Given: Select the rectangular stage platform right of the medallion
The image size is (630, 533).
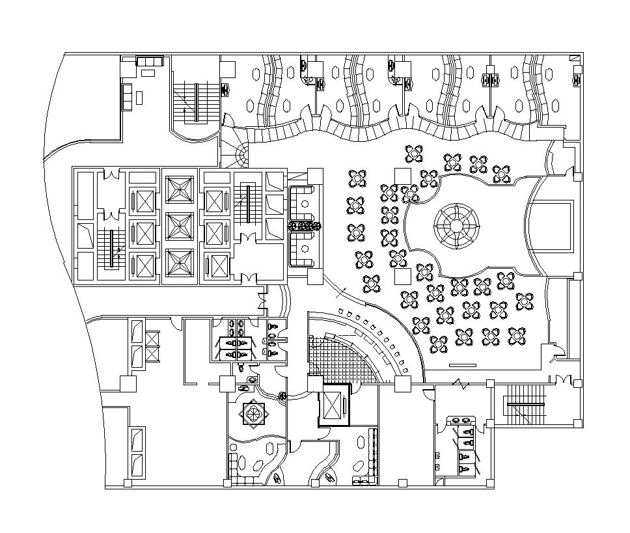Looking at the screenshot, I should [x=552, y=226].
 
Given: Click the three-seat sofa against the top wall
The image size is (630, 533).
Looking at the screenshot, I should [x=150, y=61].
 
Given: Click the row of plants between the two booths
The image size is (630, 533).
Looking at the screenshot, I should [x=305, y=226].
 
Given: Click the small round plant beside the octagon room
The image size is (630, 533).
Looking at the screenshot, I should [x=282, y=394].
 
